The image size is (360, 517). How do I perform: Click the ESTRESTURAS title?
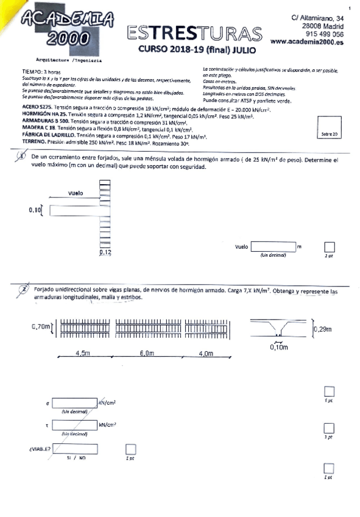(x=194, y=33)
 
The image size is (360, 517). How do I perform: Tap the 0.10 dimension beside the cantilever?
(x=36, y=210)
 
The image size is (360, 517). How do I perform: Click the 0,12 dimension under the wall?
(x=106, y=252)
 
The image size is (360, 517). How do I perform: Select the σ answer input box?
(x=75, y=403)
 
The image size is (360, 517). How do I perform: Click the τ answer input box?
(x=75, y=425)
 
